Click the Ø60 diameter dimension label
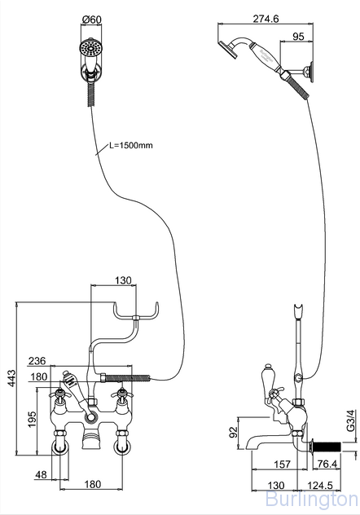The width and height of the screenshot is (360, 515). [x=92, y=20]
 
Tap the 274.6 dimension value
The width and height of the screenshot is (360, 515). [x=266, y=19]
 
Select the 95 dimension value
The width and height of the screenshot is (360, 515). [x=298, y=36]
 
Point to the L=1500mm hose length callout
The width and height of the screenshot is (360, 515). [x=131, y=145]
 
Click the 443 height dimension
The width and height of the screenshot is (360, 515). [x=11, y=378]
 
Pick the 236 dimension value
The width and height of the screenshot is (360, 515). [x=37, y=361]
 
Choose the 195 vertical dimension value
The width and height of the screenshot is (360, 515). [x=32, y=419]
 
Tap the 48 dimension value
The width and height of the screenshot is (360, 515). [x=41, y=474]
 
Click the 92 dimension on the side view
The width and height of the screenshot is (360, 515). [x=233, y=432]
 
